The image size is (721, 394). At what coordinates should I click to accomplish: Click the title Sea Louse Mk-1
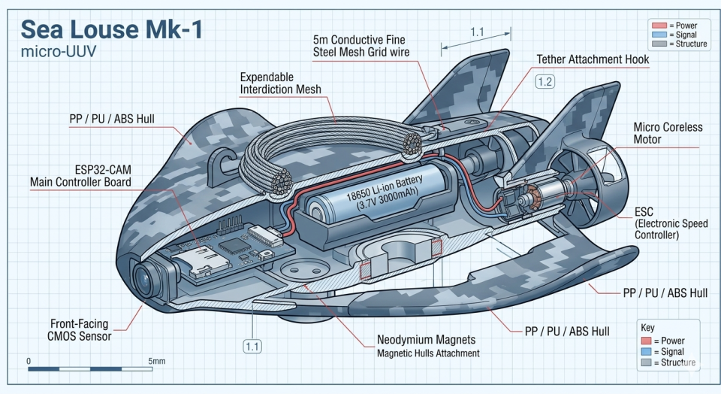point(110,29)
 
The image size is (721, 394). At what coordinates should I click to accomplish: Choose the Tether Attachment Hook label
point(592,59)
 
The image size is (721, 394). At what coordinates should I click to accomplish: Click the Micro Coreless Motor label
point(668,133)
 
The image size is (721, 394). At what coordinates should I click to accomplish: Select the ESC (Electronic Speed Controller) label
point(667,223)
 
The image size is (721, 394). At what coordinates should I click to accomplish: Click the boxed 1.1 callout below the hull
point(252,347)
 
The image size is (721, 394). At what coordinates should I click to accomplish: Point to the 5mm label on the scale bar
point(157,361)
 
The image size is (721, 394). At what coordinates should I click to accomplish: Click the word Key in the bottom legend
point(647,328)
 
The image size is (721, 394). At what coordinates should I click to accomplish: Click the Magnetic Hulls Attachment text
point(428,353)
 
